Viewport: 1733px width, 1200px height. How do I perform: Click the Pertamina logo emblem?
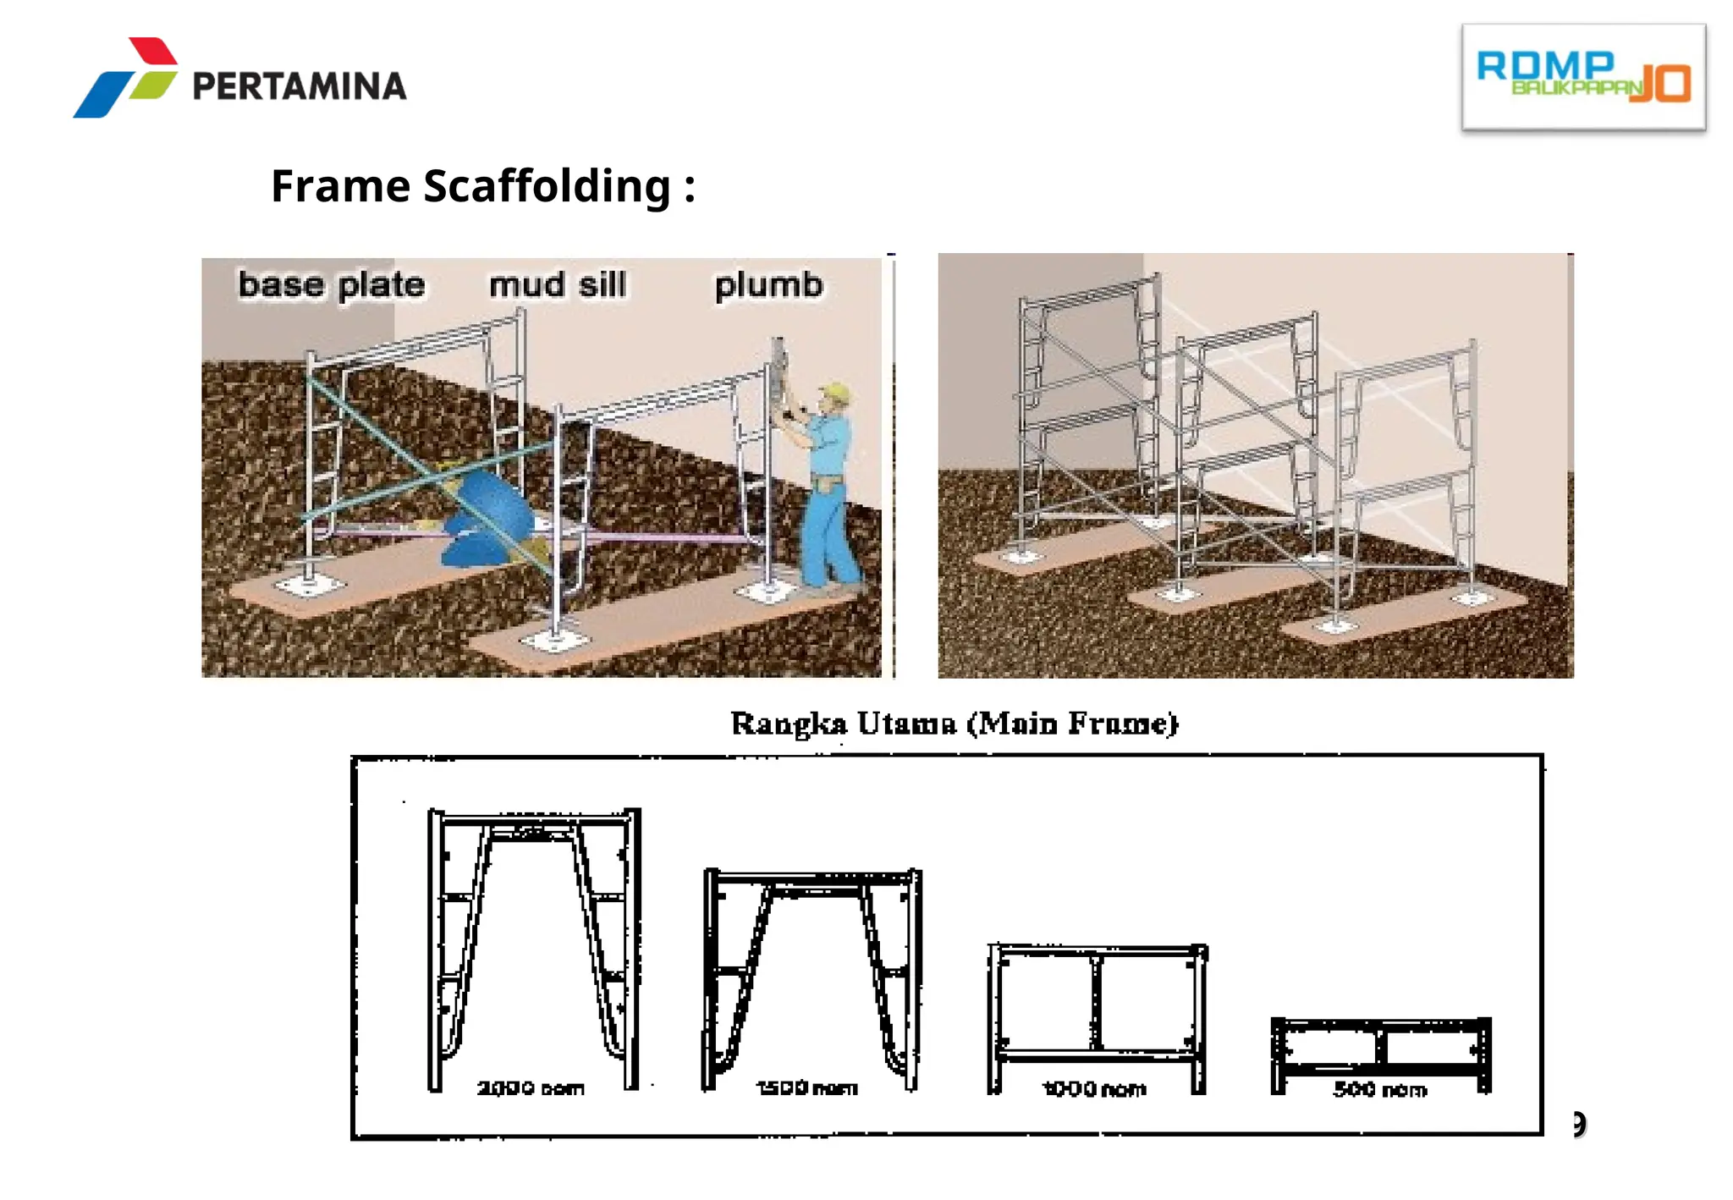tap(127, 78)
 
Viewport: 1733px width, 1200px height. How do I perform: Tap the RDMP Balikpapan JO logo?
tap(1582, 77)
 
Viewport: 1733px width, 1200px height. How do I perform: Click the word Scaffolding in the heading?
tap(547, 186)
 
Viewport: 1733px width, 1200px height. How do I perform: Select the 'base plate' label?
tap(331, 285)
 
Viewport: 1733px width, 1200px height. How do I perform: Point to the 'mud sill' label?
tap(558, 285)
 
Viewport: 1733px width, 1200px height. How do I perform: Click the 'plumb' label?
tap(767, 285)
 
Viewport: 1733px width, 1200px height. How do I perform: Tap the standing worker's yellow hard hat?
tap(835, 392)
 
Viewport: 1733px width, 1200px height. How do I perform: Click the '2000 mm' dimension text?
tap(531, 1088)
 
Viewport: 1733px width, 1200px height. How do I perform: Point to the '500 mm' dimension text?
tap(1380, 1090)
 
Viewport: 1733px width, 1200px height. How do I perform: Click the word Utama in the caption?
tap(906, 724)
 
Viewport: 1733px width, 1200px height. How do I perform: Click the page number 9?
tap(1579, 1124)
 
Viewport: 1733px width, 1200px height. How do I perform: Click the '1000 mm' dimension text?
tap(1094, 1089)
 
